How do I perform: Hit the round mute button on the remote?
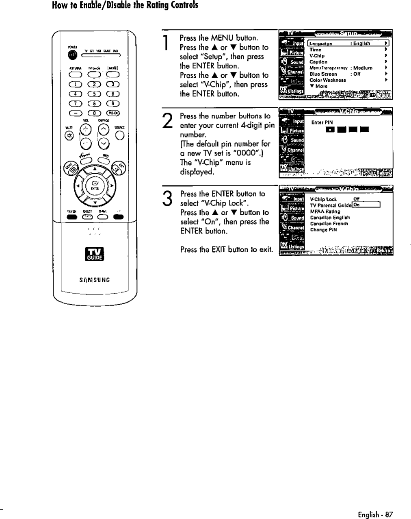click(x=69, y=136)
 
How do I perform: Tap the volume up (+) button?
click(x=85, y=130)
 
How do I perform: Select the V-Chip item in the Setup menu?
click(x=317, y=56)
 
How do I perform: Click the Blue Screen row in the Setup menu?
click(x=323, y=74)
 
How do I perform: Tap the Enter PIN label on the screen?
click(x=322, y=122)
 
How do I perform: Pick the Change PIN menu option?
click(x=323, y=229)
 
